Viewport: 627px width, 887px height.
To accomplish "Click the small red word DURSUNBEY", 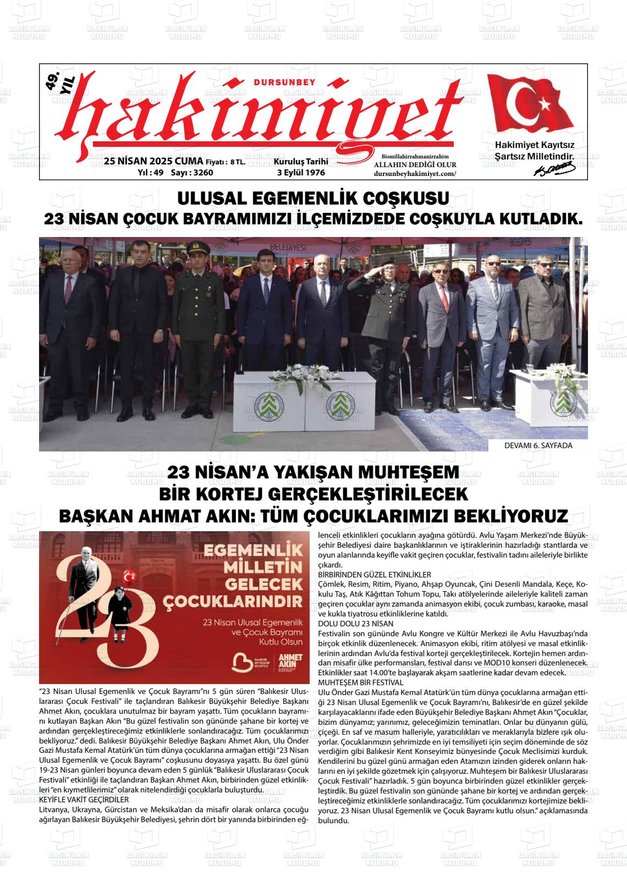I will point(284,82).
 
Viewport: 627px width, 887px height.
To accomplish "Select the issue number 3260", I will point(201,173).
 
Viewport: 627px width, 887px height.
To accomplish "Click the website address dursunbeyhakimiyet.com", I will point(415,173).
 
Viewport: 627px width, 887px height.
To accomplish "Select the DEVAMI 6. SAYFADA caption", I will point(538,445).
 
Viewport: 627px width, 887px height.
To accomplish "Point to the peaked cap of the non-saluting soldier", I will point(195,248).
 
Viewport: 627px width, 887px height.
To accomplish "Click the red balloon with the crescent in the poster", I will point(130,576).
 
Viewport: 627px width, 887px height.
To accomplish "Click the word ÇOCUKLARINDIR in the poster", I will point(252,599).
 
